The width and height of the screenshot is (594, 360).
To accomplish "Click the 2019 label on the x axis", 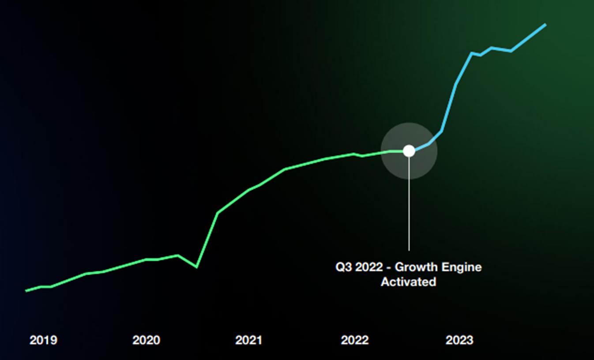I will [x=43, y=340].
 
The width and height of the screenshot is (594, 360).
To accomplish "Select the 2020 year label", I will [x=146, y=340].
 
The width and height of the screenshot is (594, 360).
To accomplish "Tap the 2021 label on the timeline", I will [x=248, y=340].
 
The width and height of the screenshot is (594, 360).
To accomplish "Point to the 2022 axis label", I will [x=354, y=340].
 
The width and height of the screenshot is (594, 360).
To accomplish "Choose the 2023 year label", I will [x=459, y=340].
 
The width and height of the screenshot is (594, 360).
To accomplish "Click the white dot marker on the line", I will [x=409, y=151].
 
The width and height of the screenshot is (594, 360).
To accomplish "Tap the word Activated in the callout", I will [x=408, y=282].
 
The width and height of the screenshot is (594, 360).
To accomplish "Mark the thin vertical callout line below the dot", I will [x=409, y=207].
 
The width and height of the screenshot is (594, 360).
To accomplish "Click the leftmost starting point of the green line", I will [x=26, y=291].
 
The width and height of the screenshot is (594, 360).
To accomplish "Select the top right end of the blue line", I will [x=545, y=25].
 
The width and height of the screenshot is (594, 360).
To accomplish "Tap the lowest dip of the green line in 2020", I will [x=196, y=267].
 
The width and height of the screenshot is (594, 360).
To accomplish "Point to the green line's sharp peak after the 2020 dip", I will [x=218, y=214].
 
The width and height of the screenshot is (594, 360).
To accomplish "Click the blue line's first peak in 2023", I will [x=472, y=53].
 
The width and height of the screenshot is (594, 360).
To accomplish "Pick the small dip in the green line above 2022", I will [x=362, y=156].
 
